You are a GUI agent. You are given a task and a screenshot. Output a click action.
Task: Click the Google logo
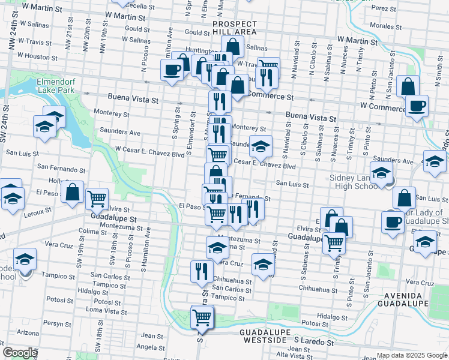click(x=20, y=353)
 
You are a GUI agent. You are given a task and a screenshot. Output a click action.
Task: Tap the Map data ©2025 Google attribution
click(x=412, y=355)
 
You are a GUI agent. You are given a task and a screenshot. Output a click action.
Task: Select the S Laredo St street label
click(x=313, y=341)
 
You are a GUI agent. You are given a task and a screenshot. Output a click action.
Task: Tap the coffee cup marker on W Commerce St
click(x=417, y=107)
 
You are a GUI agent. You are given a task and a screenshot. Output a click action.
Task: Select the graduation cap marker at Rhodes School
click(x=25, y=259)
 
